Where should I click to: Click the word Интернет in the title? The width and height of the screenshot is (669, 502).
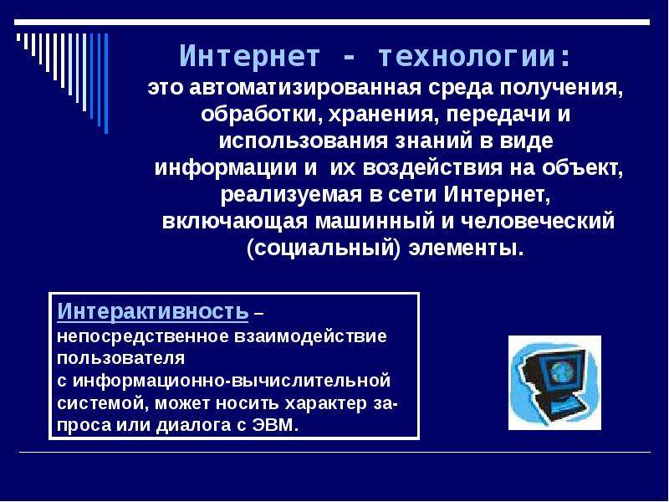tap(249, 56)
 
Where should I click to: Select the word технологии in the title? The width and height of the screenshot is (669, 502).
tap(474, 56)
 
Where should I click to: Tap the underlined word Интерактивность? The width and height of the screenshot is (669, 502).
tap(152, 310)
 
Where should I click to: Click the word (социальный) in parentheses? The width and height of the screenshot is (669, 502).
tap(324, 248)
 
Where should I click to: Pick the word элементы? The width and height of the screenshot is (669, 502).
tap(466, 248)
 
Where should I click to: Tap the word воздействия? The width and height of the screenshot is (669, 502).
tap(432, 168)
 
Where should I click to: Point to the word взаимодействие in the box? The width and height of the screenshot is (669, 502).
tap(310, 336)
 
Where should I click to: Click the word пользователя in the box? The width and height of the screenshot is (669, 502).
tap(120, 358)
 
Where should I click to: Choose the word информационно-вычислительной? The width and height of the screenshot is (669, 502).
tap(232, 380)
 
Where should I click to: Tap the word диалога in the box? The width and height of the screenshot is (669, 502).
tap(195, 425)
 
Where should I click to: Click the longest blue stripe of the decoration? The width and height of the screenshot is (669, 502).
tap(106, 84)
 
